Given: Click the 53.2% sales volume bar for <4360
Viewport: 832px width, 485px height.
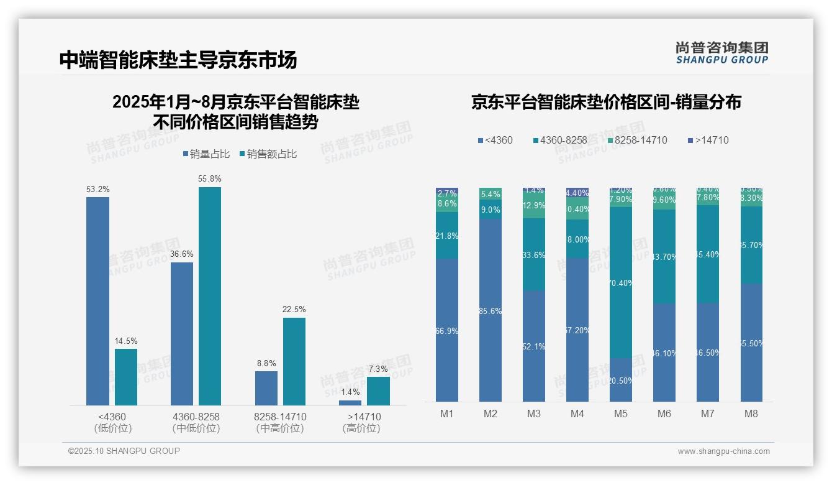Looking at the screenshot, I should pos(97,301).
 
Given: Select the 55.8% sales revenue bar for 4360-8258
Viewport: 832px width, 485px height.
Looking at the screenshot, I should pos(210,296).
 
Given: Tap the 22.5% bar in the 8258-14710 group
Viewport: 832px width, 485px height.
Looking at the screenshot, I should pos(294,361).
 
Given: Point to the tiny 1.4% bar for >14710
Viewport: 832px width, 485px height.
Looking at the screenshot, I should pos(350,403).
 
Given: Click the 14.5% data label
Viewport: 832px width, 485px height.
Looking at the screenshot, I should pos(126,341).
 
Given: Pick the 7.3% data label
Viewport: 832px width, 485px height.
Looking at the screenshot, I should pos(378,369).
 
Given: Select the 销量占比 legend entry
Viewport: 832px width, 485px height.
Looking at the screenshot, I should pos(206,154).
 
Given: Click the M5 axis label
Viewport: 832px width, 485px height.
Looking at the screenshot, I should pos(621,413).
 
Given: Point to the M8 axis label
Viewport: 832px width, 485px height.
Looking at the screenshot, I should pos(751,413).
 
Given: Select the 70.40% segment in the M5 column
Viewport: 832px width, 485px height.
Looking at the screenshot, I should pos(621,282).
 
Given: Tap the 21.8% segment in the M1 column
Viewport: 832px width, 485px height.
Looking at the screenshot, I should pos(447,236).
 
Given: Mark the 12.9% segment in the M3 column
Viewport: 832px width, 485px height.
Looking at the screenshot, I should pos(534,206).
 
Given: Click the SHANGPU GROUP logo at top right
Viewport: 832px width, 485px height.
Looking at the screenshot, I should pos(721,52).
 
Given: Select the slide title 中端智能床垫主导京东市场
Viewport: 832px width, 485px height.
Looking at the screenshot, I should pos(178,60).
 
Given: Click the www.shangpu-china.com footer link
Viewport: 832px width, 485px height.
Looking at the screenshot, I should pos(723,451).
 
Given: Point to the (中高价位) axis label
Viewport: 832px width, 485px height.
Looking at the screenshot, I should pos(280,428).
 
